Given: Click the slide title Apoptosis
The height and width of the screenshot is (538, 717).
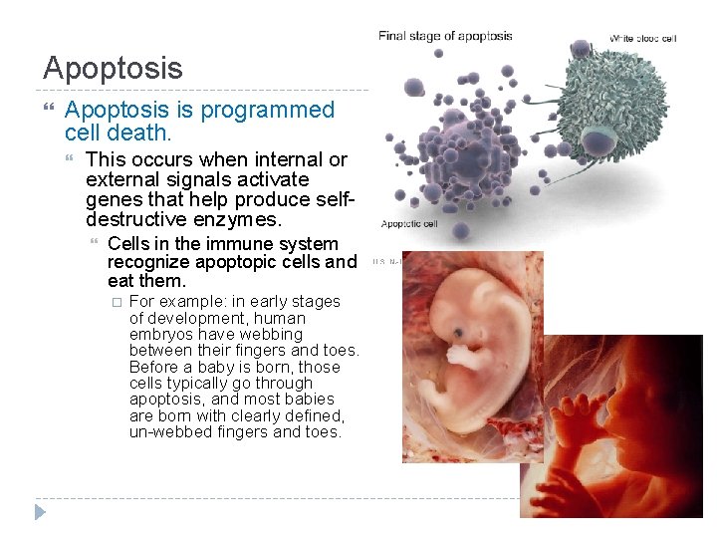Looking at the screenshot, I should pos(113,68).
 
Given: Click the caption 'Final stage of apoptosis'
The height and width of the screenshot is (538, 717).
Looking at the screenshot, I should pos(445,37).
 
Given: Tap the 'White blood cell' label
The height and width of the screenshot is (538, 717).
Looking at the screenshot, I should pos(642,39).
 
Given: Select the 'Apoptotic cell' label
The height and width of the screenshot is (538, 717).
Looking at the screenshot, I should pos(409,224).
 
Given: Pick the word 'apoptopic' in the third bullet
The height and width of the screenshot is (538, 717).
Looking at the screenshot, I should pos(256,262).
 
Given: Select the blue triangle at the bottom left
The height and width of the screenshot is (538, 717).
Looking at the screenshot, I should pos(40,512).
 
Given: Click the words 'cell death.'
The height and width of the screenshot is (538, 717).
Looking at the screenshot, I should pos(118,132).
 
